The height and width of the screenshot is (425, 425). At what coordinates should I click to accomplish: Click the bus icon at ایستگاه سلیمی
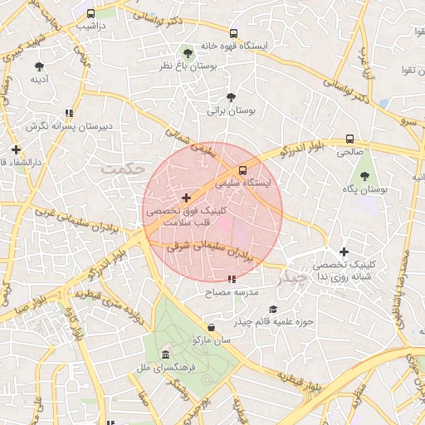pyautogui.click(x=242, y=171)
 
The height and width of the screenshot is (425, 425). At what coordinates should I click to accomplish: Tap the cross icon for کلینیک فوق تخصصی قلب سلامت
pyautogui.click(x=185, y=198)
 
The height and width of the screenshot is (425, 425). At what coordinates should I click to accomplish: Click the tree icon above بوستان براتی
pyautogui.click(x=231, y=97)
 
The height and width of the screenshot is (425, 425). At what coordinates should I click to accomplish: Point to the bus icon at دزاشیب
pyautogui.click(x=90, y=14)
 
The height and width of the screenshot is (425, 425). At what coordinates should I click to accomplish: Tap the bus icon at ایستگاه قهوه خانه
pyautogui.click(x=233, y=34)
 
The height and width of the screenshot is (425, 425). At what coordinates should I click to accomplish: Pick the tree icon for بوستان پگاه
pyautogui.click(x=365, y=176)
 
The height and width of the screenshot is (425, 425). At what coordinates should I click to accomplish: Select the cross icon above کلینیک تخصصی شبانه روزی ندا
pyautogui.click(x=344, y=251)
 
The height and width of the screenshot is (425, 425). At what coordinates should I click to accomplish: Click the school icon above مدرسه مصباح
pyautogui.click(x=232, y=280)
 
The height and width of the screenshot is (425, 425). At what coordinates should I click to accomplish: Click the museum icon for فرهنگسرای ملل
pyautogui.click(x=165, y=354)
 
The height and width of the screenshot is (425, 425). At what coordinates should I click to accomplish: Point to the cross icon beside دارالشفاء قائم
pyautogui.click(x=16, y=149)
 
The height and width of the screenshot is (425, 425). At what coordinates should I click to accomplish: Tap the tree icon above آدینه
pyautogui.click(x=39, y=66)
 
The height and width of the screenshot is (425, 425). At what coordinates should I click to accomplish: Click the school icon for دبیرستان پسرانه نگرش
pyautogui.click(x=70, y=114)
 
